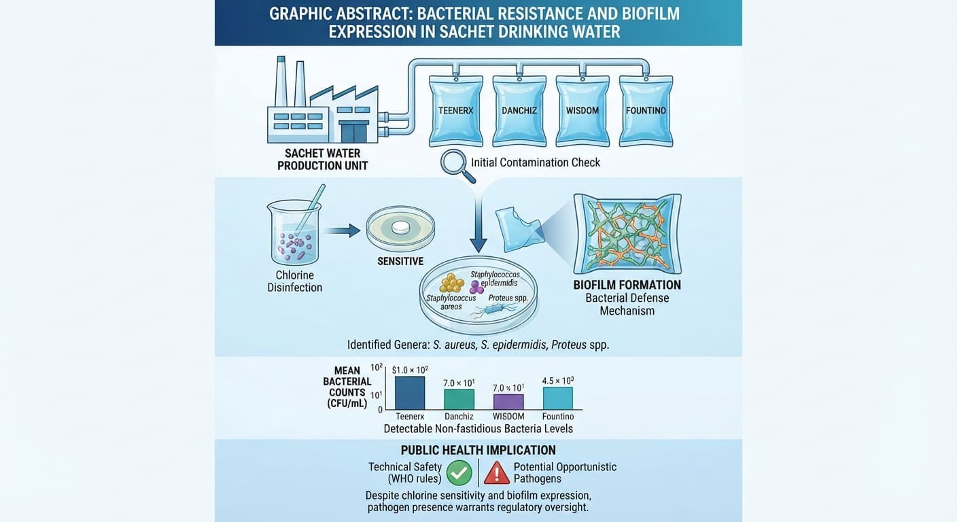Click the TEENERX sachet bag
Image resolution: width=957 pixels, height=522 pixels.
coord(456,111)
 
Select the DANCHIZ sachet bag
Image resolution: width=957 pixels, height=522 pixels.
coord(519,111)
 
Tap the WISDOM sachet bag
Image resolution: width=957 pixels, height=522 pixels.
coord(582,111)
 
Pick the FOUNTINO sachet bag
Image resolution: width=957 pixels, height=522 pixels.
coord(646,111)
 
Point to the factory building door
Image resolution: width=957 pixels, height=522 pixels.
coord(353,132)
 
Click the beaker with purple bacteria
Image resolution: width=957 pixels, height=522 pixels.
coord(295,233)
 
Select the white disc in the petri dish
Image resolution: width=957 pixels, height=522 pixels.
coord(401,227)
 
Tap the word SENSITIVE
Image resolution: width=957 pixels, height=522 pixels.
coord(400,262)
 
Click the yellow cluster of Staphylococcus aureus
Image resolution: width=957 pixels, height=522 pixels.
coord(451,283)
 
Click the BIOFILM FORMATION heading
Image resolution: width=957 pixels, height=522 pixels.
coord(627,285)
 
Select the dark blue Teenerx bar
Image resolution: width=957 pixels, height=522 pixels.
coord(410,393)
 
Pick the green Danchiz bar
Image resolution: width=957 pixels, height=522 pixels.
coord(459,400)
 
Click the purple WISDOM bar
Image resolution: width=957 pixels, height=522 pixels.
coord(508,402)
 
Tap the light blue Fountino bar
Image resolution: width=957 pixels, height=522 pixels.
coord(557,398)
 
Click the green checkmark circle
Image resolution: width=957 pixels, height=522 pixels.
coord(459,473)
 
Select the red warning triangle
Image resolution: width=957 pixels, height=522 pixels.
coord(496,473)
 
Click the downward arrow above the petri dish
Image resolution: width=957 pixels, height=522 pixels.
coord(478,224)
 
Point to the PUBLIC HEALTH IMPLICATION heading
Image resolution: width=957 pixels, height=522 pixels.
coord(478,450)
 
